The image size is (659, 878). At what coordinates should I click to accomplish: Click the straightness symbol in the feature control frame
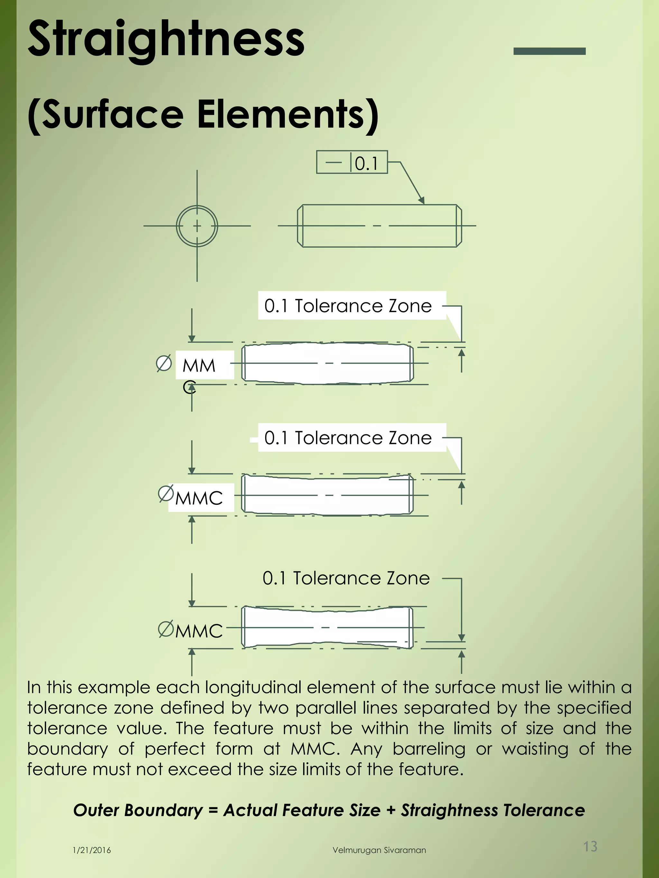point(334,162)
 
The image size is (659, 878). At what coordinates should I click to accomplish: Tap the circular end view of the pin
point(197,226)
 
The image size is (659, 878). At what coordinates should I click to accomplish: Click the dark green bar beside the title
point(549,51)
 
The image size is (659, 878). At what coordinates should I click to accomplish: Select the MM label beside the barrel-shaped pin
point(199,366)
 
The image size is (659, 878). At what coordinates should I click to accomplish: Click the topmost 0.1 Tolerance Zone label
point(348,306)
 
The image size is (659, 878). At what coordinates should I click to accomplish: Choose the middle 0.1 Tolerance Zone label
point(348,438)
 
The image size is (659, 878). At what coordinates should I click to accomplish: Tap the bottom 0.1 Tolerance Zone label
point(346,578)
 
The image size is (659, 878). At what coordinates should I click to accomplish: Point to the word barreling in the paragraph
point(429,749)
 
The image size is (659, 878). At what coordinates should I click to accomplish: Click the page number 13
point(590,846)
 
